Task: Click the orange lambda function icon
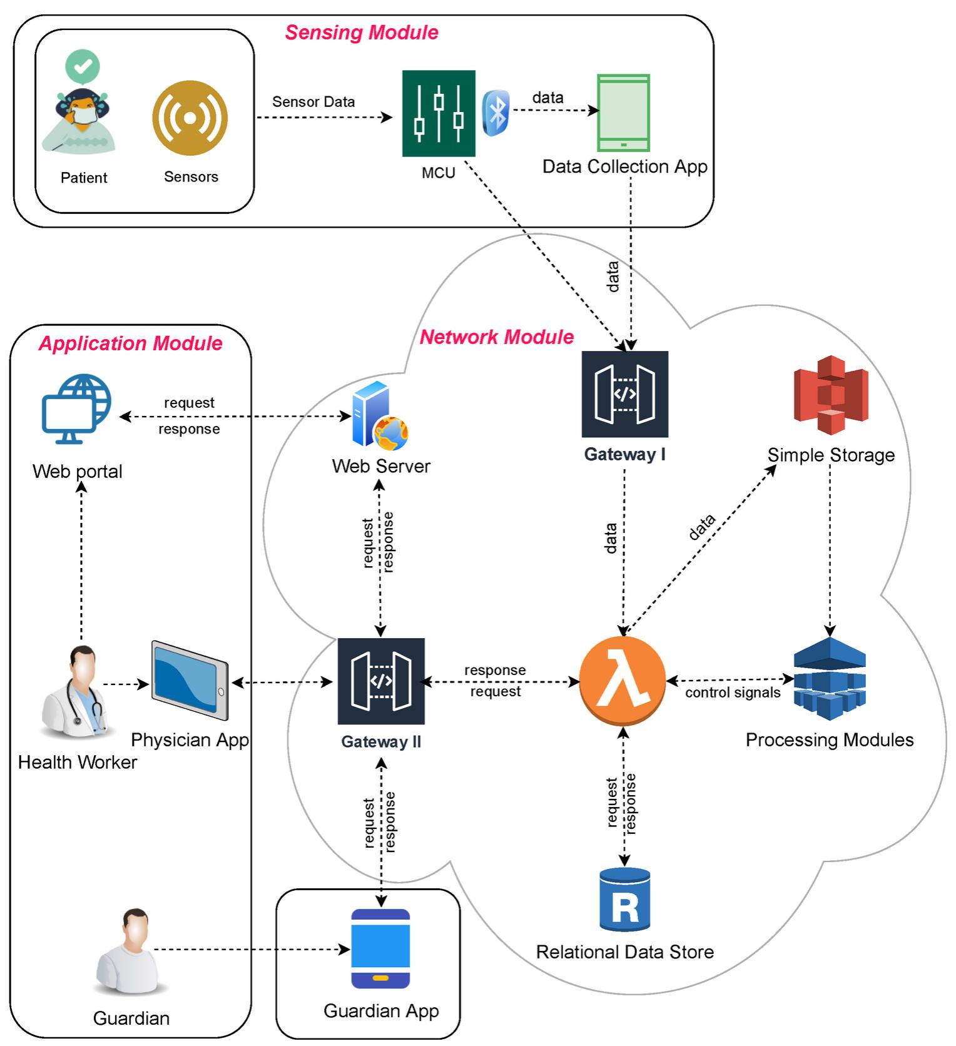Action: click(x=623, y=681)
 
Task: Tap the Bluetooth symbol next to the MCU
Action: click(x=497, y=113)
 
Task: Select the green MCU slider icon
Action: click(x=439, y=113)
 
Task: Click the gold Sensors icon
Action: click(x=190, y=118)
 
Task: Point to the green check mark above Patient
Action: click(x=83, y=66)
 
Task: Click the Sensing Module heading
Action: click(x=362, y=33)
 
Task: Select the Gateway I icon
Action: click(x=624, y=394)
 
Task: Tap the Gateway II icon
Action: click(x=381, y=681)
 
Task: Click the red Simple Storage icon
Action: click(x=831, y=395)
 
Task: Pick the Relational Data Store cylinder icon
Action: click(x=624, y=900)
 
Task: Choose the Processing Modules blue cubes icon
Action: click(x=830, y=679)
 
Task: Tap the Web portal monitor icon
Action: click(x=76, y=409)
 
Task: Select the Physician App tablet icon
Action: click(x=190, y=681)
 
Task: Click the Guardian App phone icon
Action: click(x=380, y=948)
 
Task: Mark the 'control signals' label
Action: click(x=733, y=693)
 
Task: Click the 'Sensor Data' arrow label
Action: click(x=313, y=101)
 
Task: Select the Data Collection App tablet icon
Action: click(x=623, y=113)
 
